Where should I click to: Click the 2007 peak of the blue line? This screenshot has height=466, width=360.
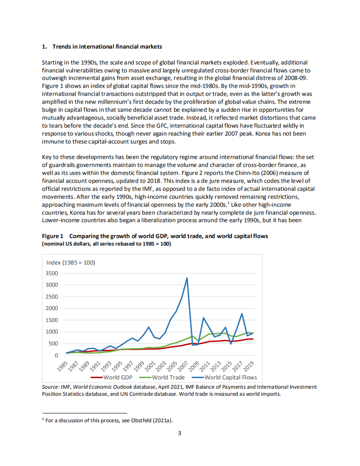click(187, 278)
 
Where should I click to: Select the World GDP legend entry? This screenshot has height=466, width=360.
click(118, 378)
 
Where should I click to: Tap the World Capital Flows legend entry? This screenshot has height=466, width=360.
click(230, 378)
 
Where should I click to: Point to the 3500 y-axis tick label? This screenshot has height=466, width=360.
click(52, 273)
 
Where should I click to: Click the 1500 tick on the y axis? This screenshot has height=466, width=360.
click(52, 320)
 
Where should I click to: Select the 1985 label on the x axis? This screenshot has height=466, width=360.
click(64, 366)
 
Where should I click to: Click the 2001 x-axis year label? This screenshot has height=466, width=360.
click(150, 366)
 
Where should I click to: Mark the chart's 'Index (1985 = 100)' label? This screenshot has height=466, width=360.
click(71, 262)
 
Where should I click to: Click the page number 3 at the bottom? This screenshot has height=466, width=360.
click(179, 433)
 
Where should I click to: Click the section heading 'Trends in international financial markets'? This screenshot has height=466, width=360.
click(107, 46)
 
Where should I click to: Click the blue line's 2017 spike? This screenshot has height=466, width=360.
click(242, 314)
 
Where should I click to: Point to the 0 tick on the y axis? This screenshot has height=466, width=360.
click(56, 355)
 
